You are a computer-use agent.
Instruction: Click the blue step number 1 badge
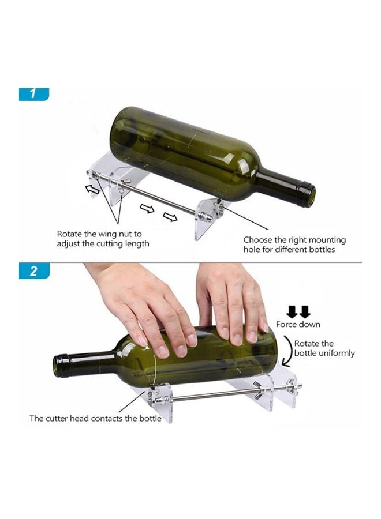click(x=33, y=95)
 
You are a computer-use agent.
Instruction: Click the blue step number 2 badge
click(x=33, y=271)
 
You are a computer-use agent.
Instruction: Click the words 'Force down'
click(x=298, y=325)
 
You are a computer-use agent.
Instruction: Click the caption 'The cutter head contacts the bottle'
click(x=95, y=418)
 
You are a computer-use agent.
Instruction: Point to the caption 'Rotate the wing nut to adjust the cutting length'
click(x=103, y=239)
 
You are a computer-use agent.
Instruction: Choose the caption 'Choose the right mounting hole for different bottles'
click(x=294, y=245)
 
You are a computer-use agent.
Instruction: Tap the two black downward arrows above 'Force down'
click(x=298, y=312)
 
